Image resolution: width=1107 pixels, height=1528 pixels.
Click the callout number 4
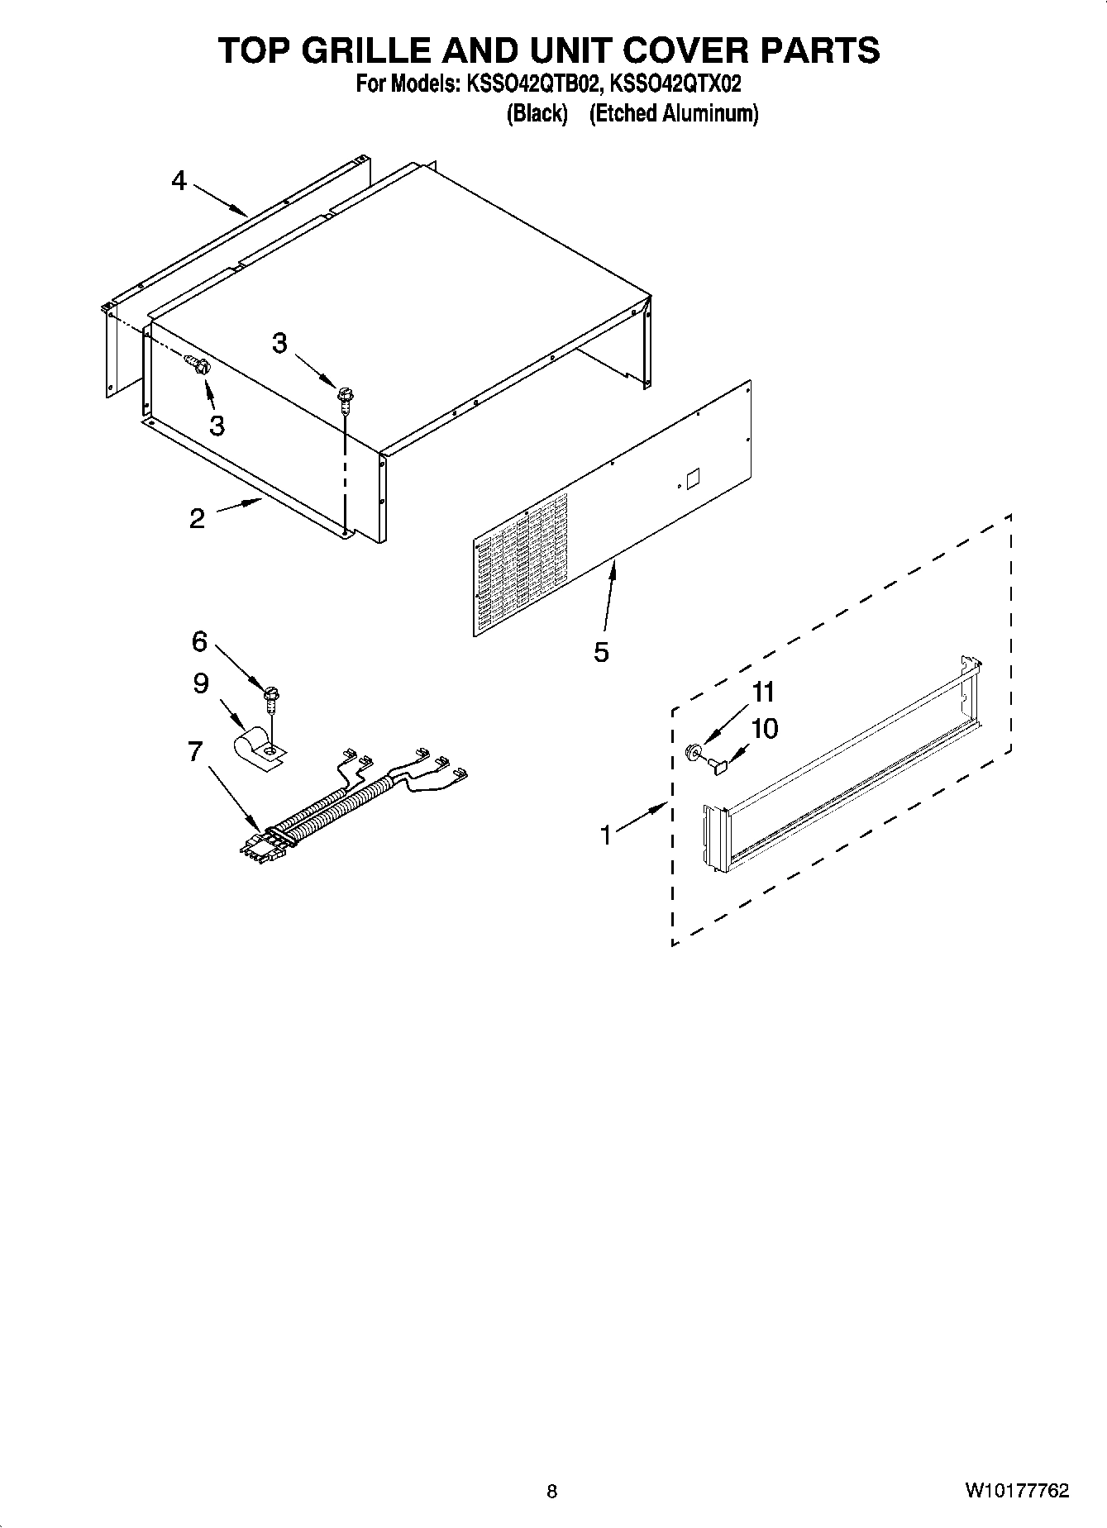179,180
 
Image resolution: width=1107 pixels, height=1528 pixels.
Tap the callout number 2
197,518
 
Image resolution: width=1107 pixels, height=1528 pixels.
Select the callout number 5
601,652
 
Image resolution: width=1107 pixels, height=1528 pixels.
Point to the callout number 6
199,640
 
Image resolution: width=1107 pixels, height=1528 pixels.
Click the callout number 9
201,683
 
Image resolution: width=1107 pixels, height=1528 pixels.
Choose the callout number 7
195,751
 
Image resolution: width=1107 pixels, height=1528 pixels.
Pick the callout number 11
764,692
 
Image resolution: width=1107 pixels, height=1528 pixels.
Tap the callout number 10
765,729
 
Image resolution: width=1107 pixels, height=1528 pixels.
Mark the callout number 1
606,835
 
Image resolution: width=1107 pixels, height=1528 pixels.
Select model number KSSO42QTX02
675,84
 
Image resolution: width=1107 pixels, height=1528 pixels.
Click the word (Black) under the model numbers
537,113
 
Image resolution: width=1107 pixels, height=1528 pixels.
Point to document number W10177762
1016,1491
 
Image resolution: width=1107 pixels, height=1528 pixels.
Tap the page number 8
552,1492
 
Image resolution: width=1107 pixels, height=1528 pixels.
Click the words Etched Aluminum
673,113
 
